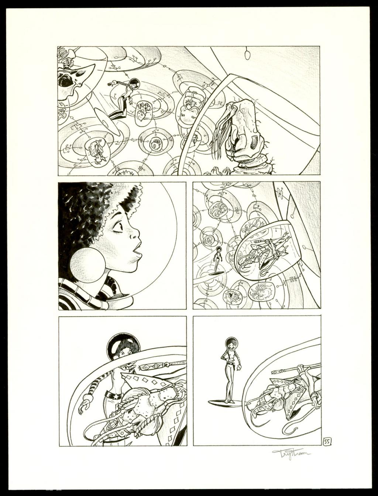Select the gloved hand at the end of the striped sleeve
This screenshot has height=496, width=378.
pos(86,403)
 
